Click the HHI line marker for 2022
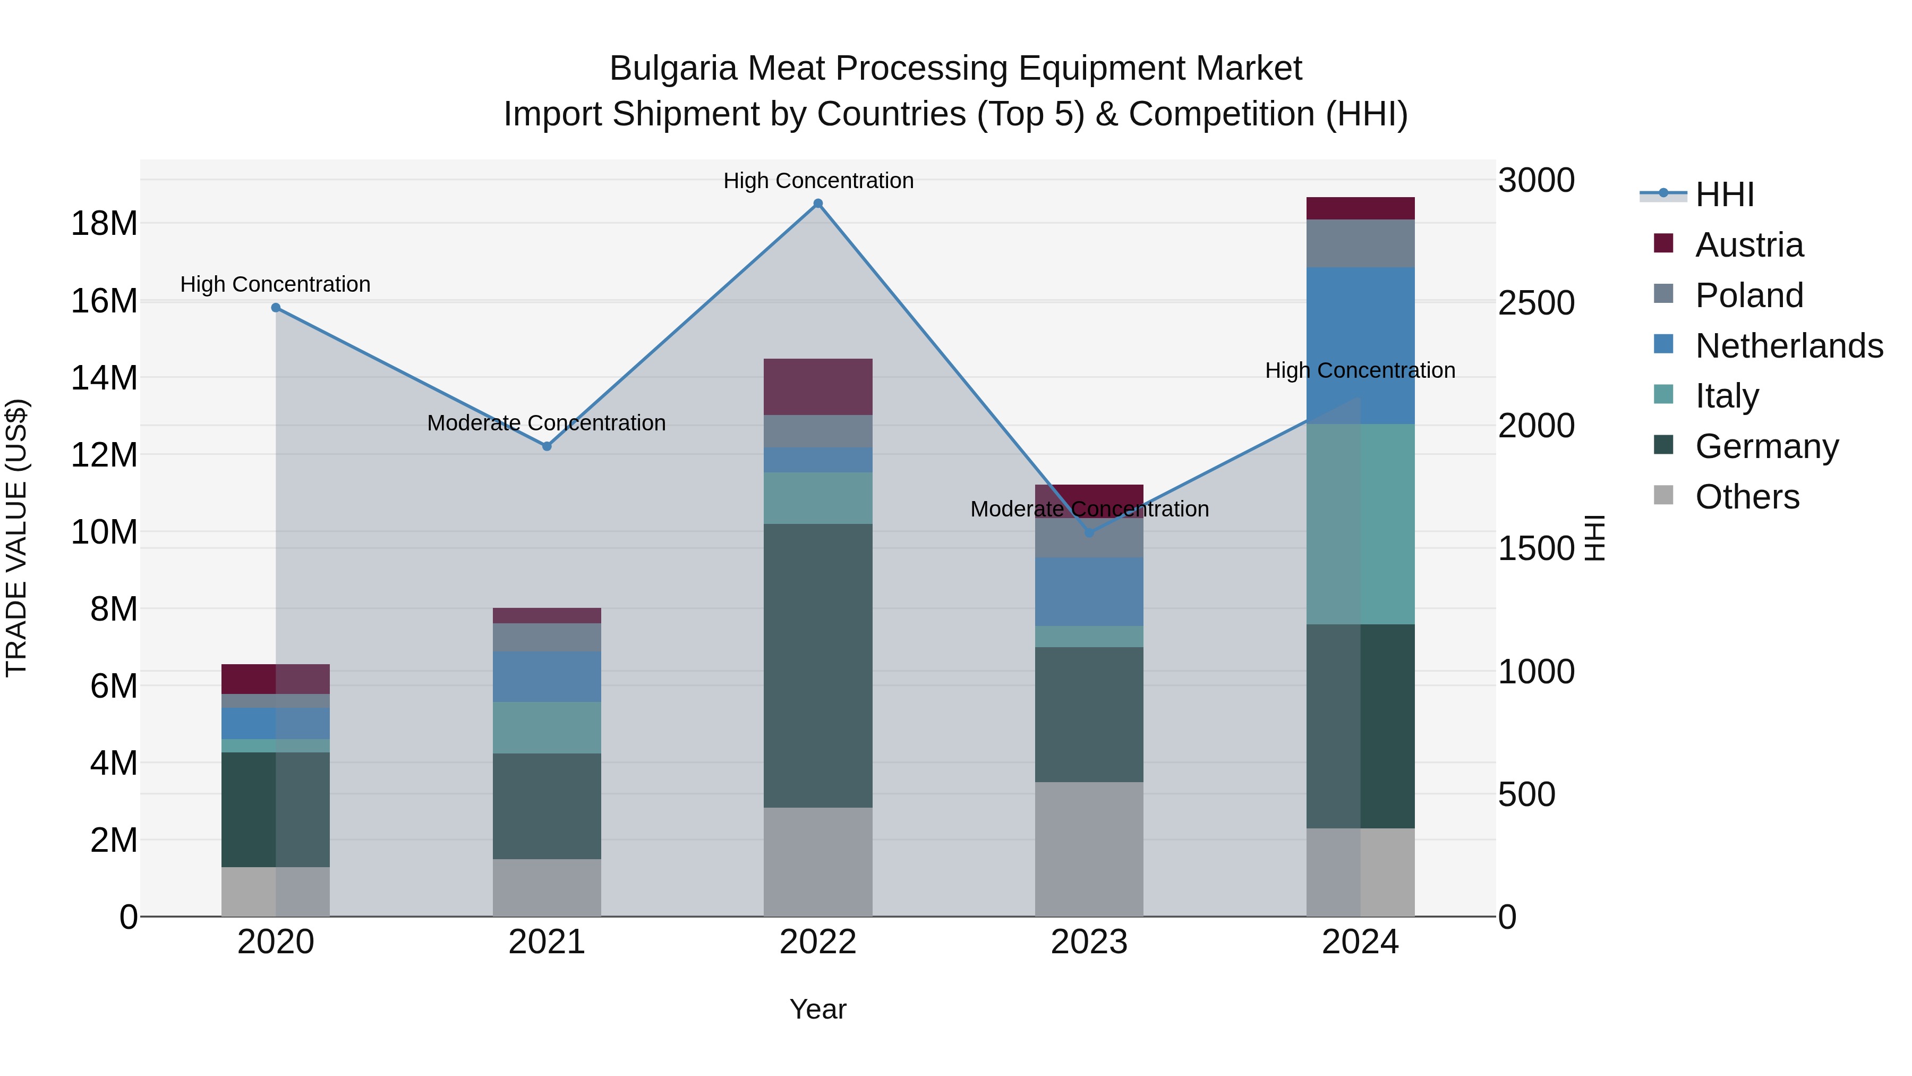click(x=818, y=204)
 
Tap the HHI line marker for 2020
click(x=275, y=308)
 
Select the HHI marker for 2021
click(x=547, y=446)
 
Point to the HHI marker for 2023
click(x=1089, y=533)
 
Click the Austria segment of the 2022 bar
click(x=818, y=387)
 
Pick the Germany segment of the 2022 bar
click(x=818, y=665)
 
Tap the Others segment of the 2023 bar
click(x=1089, y=849)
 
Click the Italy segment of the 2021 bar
click(x=547, y=728)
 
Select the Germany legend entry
click(x=1766, y=446)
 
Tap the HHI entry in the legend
click(x=1723, y=194)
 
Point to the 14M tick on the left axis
click(x=104, y=378)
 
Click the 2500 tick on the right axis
click(x=1535, y=303)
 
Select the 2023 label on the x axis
click(x=1089, y=942)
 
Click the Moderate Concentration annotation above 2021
click(x=547, y=422)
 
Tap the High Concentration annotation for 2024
click(x=1360, y=370)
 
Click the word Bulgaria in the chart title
click(x=673, y=69)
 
